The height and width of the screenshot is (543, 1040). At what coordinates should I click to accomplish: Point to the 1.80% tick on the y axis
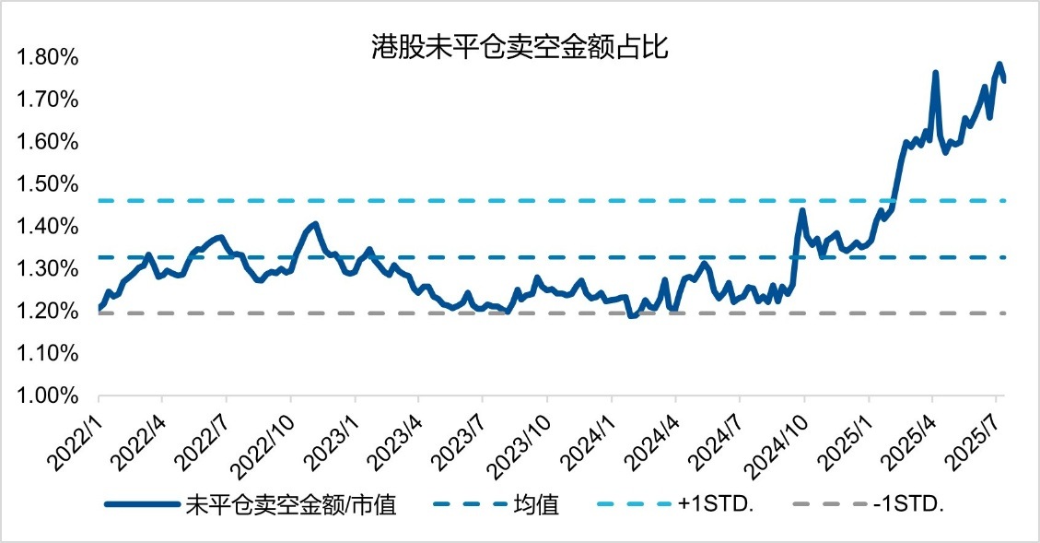coord(49,59)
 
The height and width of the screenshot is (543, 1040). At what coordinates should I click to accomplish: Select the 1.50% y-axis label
coord(49,185)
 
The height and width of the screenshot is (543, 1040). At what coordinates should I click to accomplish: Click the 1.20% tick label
coord(49,312)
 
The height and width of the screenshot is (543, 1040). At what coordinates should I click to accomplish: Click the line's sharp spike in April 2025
coord(936,72)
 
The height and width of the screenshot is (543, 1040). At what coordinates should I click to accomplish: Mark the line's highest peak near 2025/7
coord(999,64)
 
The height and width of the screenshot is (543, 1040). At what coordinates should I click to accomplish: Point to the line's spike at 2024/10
coord(801,210)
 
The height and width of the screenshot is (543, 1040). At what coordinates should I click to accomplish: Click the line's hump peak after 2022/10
coord(315,223)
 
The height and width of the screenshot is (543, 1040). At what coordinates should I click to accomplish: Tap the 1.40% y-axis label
coord(49,228)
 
